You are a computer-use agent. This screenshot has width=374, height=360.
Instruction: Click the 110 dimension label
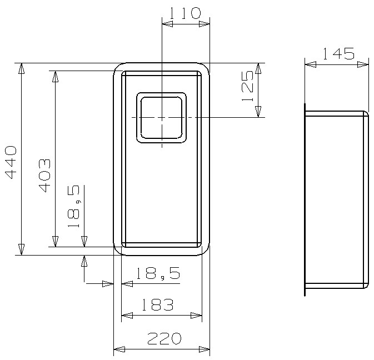point(185,13)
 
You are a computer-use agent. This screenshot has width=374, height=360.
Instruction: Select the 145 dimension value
point(338,54)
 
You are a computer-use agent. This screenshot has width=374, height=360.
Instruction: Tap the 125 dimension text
point(247,86)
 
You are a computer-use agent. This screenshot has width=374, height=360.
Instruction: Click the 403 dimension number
point(44,176)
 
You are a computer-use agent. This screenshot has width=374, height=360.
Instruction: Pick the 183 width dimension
point(157,304)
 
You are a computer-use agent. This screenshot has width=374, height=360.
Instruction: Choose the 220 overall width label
point(164,338)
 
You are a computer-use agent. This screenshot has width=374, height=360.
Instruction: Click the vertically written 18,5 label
point(74,207)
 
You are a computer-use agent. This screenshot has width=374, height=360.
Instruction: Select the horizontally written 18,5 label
point(158,273)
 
